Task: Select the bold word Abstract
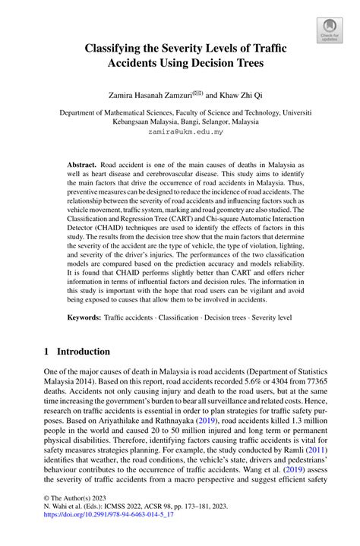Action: pyautogui.click(x=81, y=164)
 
